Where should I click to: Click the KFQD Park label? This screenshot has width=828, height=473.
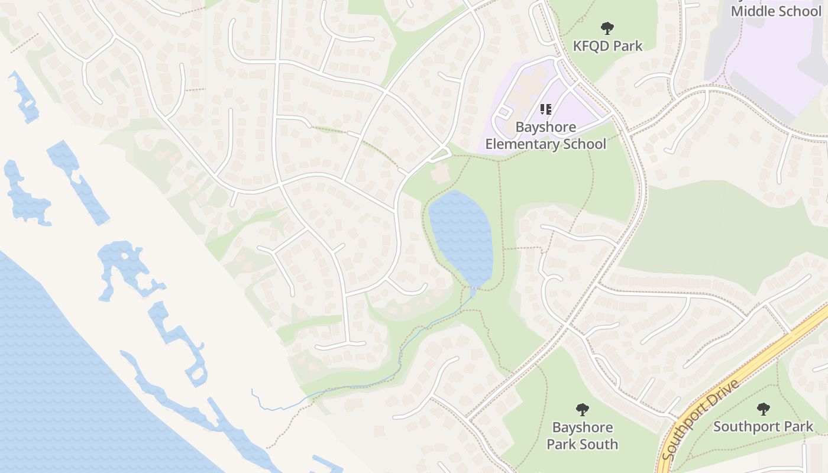tap(607, 46)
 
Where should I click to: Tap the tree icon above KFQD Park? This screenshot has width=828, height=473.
tap(607, 28)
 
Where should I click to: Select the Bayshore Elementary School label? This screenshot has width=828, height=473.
tap(545, 135)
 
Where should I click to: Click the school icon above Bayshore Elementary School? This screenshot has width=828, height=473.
tap(545, 109)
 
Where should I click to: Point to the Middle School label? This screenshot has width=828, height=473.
tap(776, 11)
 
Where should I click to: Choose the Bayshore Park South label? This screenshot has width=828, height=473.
tap(582, 436)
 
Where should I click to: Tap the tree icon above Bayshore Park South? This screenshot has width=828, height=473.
tap(583, 409)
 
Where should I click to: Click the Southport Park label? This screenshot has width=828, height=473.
tap(763, 426)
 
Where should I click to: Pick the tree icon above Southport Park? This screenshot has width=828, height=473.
tap(764, 409)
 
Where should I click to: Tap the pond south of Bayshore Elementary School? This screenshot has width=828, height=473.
tap(461, 237)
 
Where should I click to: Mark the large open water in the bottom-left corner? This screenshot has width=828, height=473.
tap(59, 384)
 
